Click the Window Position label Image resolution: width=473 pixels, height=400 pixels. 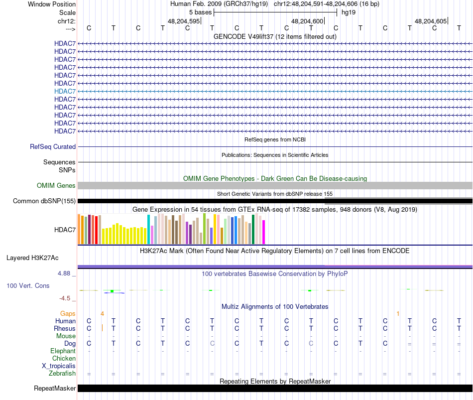coord(52,4)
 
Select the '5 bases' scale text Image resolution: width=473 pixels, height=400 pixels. coord(200,12)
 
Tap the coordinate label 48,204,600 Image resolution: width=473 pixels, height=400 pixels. coord(307,21)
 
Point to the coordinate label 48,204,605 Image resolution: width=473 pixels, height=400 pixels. coord(431,21)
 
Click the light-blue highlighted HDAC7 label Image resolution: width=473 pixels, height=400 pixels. coord(65,91)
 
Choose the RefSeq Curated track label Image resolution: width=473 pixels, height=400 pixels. coord(53,147)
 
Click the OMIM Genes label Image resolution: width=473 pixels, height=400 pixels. coord(56,186)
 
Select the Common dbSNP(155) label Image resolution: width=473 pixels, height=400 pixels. coord(44,201)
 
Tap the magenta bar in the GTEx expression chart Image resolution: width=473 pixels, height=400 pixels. coord(264,232)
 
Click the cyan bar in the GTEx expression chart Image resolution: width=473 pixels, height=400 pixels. coord(149,230)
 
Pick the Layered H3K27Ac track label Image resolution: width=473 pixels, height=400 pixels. coord(32,258)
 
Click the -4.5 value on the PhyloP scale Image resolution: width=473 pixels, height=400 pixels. coord(66,298)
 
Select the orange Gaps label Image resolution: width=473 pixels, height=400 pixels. coord(68,313)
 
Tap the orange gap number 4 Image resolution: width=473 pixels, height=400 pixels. coord(102,313)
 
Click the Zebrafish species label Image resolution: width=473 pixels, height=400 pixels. coord(62,373)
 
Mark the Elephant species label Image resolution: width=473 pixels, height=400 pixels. coord(63,351)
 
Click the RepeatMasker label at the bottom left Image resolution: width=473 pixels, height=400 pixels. coord(55,389)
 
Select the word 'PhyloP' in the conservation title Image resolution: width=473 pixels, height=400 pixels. coord(317,273)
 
